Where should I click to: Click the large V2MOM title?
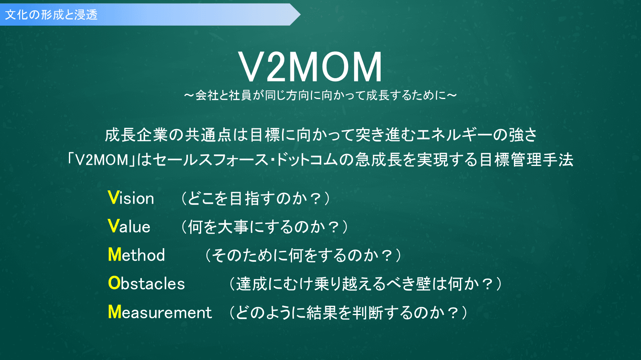(x=310, y=67)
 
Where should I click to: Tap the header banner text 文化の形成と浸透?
(x=52, y=14)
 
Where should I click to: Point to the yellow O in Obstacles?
(x=114, y=283)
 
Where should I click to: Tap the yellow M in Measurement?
(x=115, y=311)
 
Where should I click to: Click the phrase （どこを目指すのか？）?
(x=256, y=198)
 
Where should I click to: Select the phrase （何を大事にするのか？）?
(x=265, y=227)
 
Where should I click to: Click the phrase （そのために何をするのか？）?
(x=303, y=255)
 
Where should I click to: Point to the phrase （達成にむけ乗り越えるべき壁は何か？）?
(x=366, y=284)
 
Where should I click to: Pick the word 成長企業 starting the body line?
(x=136, y=135)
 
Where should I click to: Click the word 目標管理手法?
(x=526, y=160)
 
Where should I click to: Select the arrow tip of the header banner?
(x=300, y=14)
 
